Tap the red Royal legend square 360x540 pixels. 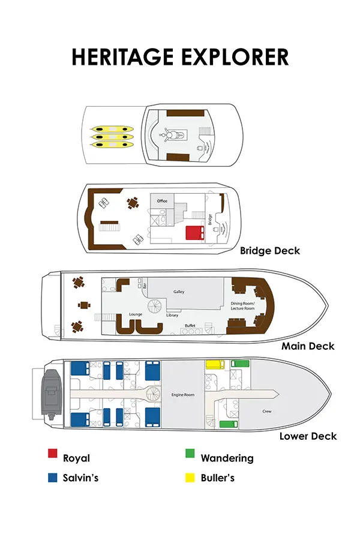[53, 454]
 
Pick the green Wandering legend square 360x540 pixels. [190, 454]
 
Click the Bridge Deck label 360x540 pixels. [269, 250]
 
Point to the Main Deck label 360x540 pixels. [308, 346]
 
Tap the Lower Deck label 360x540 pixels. [308, 436]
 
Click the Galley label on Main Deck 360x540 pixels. [179, 292]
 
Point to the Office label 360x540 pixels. [162, 201]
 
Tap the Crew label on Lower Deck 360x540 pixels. [268, 412]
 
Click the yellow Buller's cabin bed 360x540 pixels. [215, 364]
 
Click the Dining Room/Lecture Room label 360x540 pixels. [242, 306]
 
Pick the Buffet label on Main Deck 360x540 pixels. [190, 325]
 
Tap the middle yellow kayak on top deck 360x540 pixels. [112, 137]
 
